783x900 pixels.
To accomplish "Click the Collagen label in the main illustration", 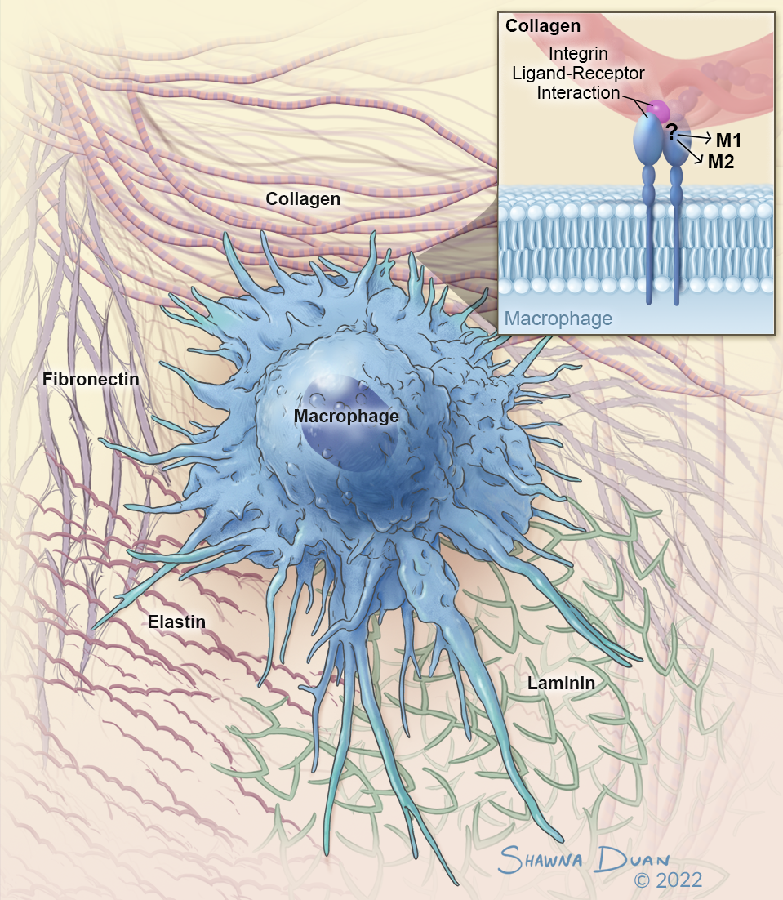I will pos(303,198).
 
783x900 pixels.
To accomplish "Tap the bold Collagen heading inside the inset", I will pos(542,26).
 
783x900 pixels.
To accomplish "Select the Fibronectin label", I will pos(91,380).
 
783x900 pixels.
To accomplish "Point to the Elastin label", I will pos(176,622).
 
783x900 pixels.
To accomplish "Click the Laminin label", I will pos(559,682).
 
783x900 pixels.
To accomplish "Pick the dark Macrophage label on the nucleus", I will pos(346,417).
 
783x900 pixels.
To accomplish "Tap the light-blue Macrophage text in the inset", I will pos(558,318).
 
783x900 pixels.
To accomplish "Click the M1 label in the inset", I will pos(728,140).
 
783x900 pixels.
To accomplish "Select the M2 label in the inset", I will pos(720,162).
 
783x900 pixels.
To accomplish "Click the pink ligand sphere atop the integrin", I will pos(658,109).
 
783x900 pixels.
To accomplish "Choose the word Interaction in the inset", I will pos(578,93).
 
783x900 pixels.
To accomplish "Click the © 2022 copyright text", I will pos(668,880).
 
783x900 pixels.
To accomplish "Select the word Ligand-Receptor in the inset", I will pos(578,74).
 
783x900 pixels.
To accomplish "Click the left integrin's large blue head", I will pos(649,140).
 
